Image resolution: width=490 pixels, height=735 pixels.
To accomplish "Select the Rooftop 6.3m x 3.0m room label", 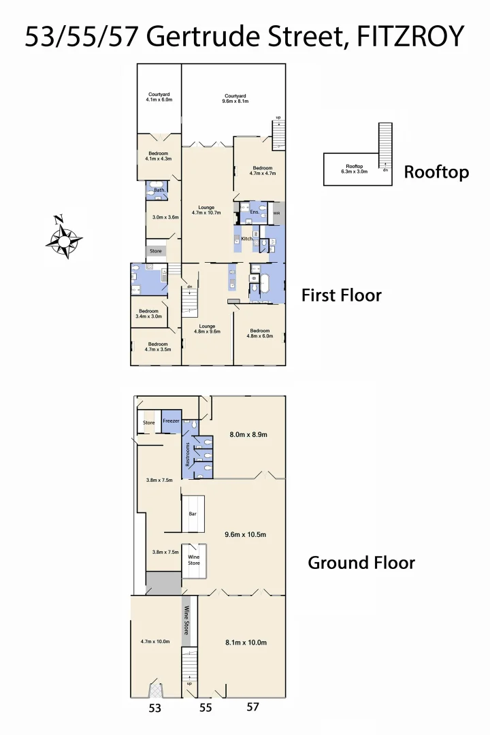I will pos(354,169).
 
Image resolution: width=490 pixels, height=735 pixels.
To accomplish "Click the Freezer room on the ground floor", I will pos(171,421).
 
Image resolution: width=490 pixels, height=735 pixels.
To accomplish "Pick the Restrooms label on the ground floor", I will pos(187,454).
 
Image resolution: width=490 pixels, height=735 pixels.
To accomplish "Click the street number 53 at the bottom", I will pos(155,708).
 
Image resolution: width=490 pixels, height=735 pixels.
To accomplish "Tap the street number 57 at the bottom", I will pos(252,707).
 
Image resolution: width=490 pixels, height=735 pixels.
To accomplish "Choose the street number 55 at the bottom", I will pos(206,708).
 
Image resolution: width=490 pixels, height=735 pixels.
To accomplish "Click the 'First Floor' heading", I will pos(341,295).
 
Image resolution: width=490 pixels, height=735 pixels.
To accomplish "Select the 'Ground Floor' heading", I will pos(361,563).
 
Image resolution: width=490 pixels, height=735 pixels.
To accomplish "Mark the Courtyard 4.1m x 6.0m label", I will pos(159,97).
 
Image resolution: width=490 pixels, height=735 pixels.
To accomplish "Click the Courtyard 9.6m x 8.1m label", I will pos(235,98).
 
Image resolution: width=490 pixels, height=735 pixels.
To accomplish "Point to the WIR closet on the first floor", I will pos(276,213).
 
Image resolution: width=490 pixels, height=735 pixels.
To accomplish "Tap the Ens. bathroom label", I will pos(254,212).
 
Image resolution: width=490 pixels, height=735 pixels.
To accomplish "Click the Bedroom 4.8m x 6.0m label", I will pos(260,333).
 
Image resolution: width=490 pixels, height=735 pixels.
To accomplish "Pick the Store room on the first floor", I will pos(156,251).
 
